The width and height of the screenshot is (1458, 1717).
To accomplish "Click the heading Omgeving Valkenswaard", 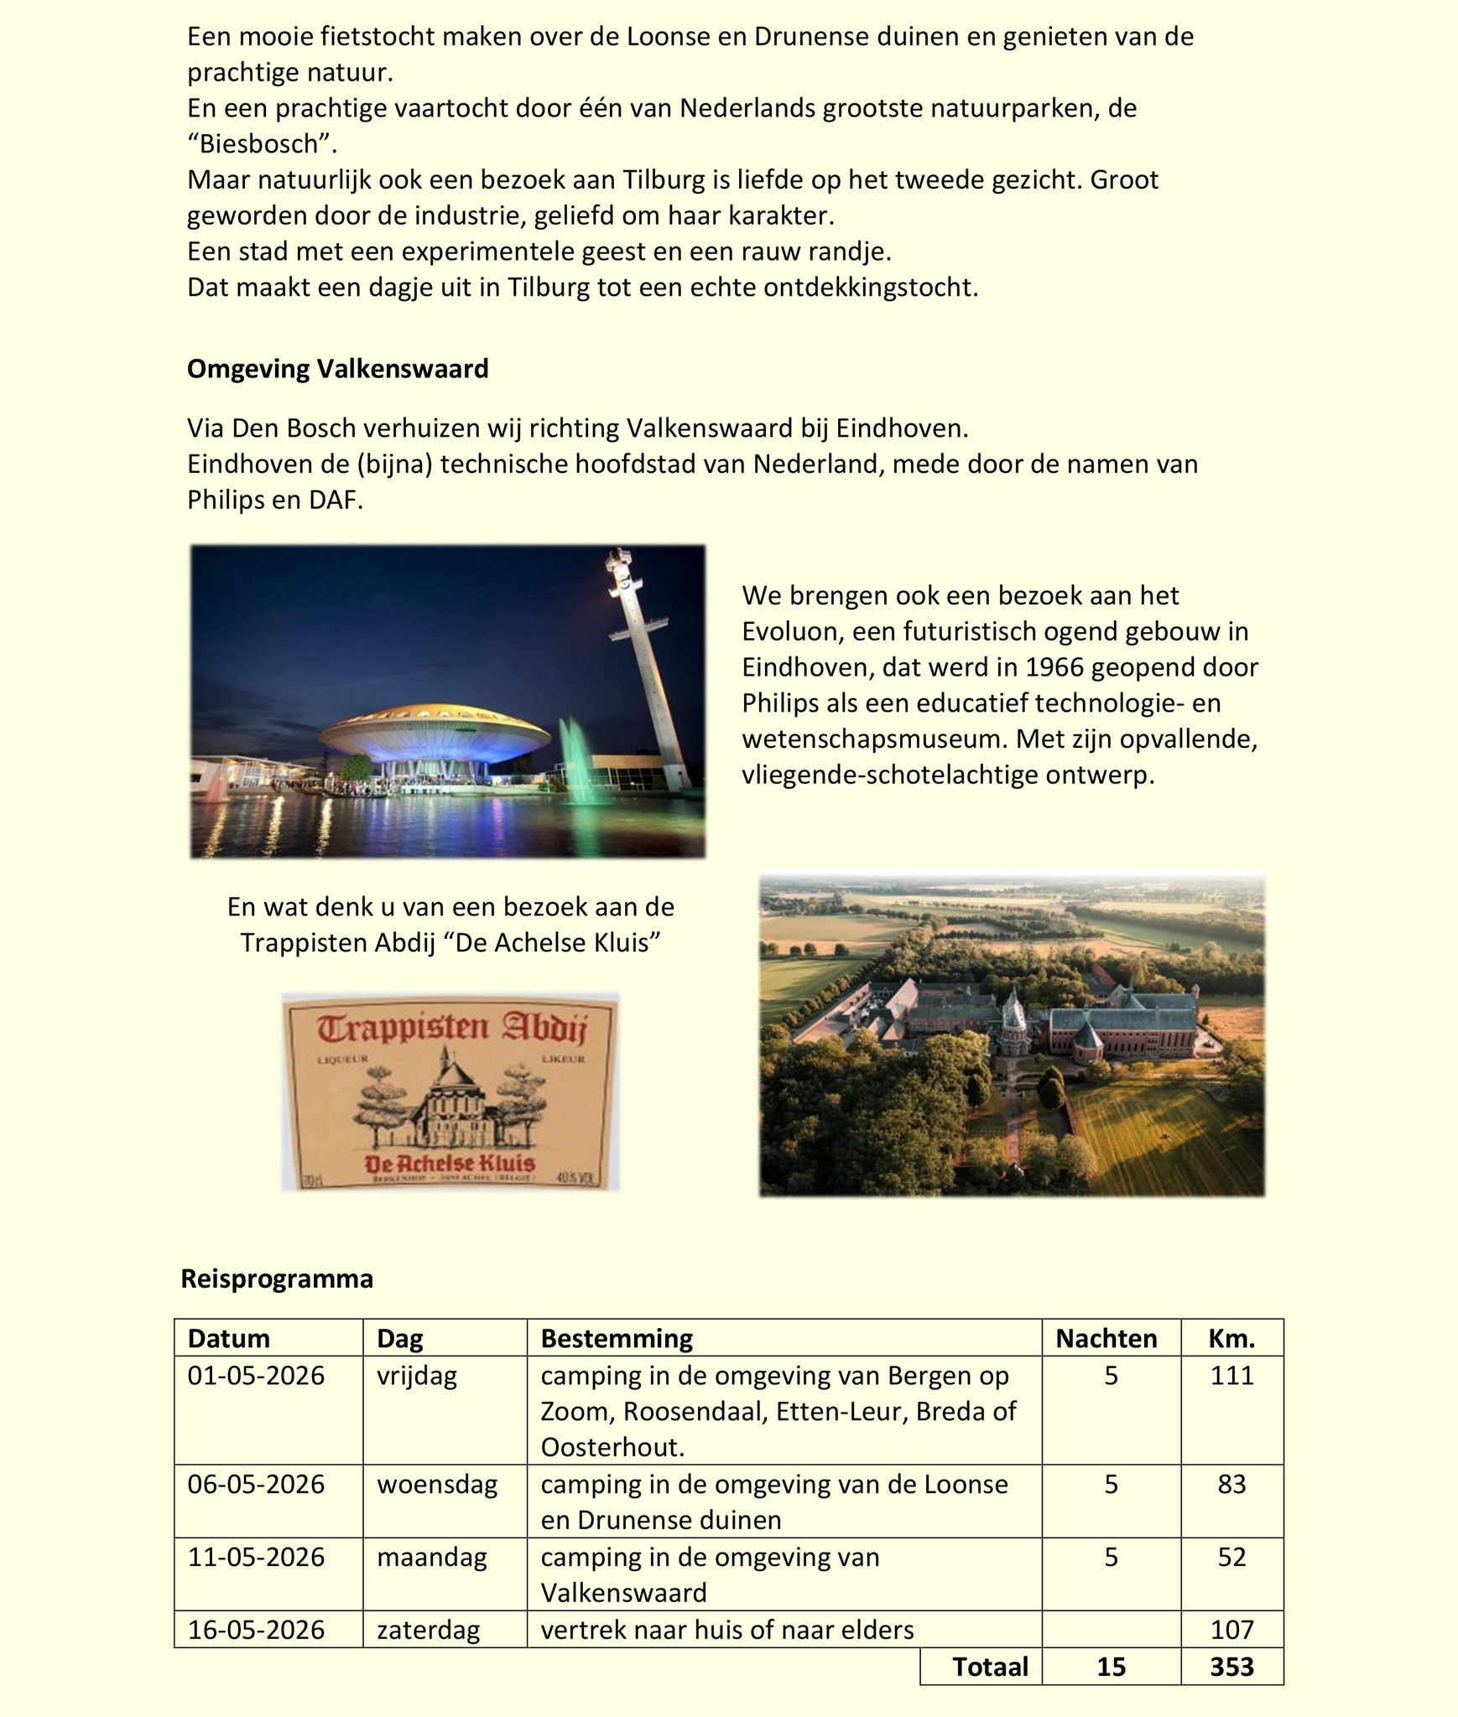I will coord(337,369).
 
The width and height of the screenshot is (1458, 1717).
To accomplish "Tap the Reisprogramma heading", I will coord(277,1279).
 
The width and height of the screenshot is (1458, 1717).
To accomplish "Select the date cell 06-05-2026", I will coord(256,1484).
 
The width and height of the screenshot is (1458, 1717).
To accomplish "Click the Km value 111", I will coord(1231,1376).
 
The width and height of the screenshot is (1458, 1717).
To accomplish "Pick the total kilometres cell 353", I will coord(1231,1666).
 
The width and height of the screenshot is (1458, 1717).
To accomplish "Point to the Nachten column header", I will coord(1106,1339).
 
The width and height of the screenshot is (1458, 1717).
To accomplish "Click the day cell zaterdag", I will coord(428,1629).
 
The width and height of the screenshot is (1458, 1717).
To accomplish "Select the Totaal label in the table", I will coord(990,1666).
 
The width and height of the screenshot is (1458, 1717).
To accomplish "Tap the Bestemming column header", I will coord(617,1339).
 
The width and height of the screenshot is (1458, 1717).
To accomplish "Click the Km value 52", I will coord(1231,1557).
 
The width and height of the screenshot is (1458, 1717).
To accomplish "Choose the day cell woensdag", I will coord(437,1484).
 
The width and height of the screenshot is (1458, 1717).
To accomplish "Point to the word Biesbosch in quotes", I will coord(261,144).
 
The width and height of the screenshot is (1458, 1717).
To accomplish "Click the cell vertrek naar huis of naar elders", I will coord(726,1629).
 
